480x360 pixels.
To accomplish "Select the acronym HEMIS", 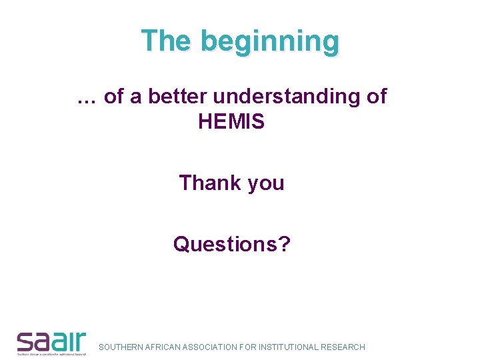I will click(231, 122).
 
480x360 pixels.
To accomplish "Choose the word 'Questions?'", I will click(231, 244).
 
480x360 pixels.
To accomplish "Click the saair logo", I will click(51, 342).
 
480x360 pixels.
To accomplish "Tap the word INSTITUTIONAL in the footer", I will click(289, 347).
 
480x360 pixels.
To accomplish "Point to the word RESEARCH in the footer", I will click(343, 347).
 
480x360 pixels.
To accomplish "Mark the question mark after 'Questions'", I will click(285, 244).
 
